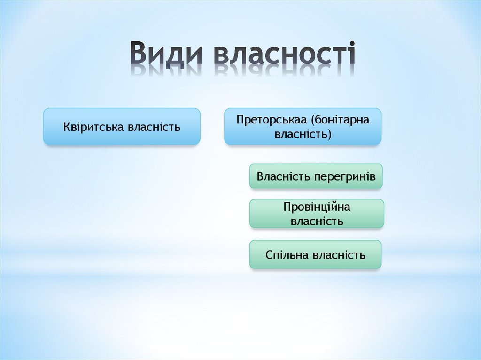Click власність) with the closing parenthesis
(x=303, y=135)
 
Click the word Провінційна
(x=317, y=207)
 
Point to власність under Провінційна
(x=317, y=221)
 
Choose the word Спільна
(x=287, y=255)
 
